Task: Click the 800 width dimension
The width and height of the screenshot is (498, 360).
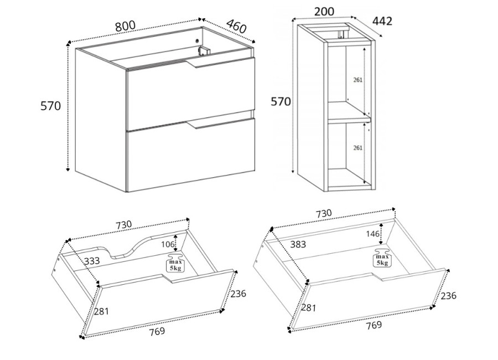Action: pyautogui.click(x=125, y=26)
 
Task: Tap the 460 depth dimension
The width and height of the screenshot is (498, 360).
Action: pyautogui.click(x=236, y=26)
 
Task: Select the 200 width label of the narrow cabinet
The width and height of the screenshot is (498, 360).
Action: pyautogui.click(x=324, y=12)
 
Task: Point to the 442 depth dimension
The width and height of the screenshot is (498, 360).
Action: pyautogui.click(x=382, y=21)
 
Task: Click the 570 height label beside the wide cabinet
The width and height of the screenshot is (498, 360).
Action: pyautogui.click(x=50, y=106)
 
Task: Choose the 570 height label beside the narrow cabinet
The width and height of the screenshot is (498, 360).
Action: pyautogui.click(x=281, y=101)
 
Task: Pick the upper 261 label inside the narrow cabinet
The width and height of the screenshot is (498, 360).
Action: pyautogui.click(x=357, y=80)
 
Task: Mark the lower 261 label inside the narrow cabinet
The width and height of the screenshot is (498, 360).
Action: pyautogui.click(x=357, y=147)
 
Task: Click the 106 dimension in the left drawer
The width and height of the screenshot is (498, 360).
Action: pyautogui.click(x=168, y=244)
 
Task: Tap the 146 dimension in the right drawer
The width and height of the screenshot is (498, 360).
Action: pyautogui.click(x=372, y=234)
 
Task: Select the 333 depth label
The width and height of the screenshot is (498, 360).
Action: pyautogui.click(x=92, y=261)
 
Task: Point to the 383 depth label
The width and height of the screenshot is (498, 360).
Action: pyautogui.click(x=298, y=244)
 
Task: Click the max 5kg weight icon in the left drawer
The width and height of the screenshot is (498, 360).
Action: pyautogui.click(x=175, y=263)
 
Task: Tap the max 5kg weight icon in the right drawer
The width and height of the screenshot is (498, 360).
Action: pyautogui.click(x=382, y=258)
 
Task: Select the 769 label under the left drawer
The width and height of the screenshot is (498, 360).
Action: pyautogui.click(x=157, y=331)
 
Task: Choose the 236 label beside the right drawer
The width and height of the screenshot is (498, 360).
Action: pyautogui.click(x=448, y=295)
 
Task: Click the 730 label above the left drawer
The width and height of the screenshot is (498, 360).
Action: pyautogui.click(x=123, y=224)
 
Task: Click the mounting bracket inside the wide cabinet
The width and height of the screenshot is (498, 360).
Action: pyautogui.click(x=204, y=51)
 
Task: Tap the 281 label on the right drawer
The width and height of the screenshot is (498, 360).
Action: pyautogui.click(x=308, y=307)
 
